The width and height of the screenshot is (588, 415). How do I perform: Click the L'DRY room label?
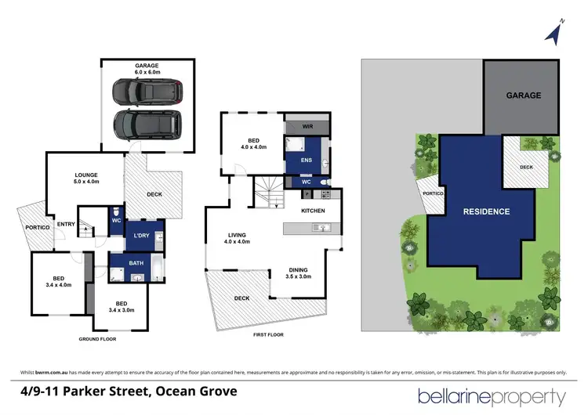142,236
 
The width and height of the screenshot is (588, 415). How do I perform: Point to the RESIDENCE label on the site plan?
486,211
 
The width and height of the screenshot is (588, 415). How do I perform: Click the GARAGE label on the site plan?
523,96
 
